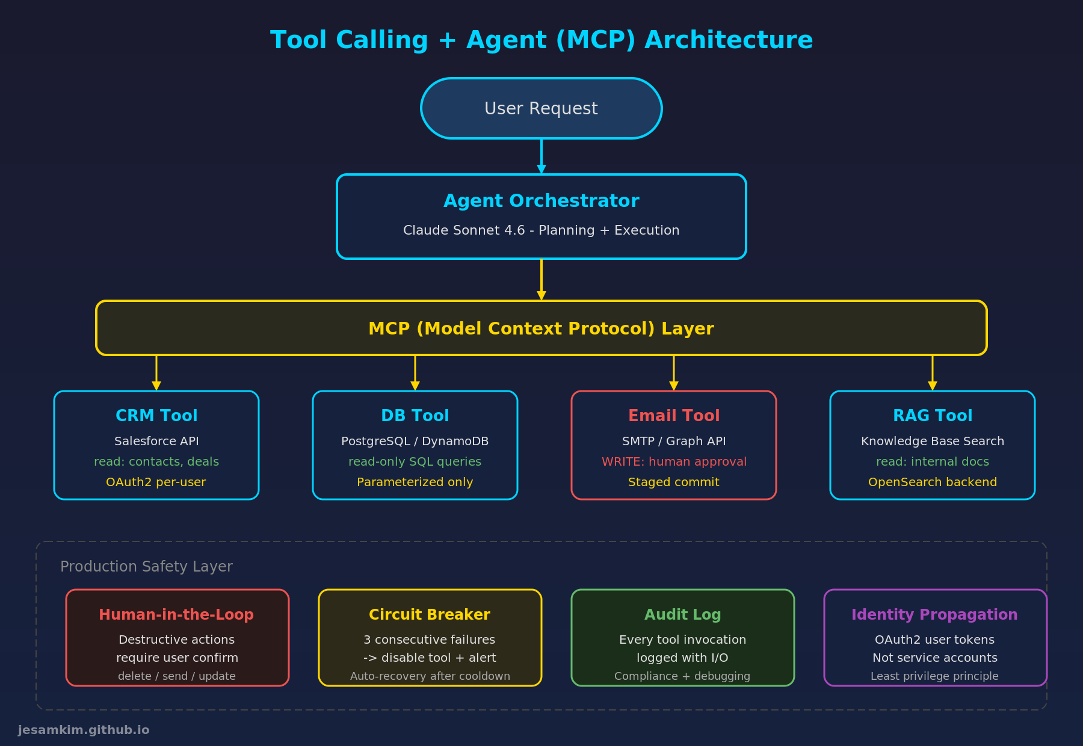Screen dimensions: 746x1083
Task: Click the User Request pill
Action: point(541,108)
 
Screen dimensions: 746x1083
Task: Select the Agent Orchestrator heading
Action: point(541,201)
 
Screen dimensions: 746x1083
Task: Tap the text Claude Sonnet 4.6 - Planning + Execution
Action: point(541,230)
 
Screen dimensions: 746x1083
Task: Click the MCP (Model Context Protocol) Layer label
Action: point(541,328)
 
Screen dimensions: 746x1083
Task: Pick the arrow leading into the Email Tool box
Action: point(674,374)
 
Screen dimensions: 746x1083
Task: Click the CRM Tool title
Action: point(156,416)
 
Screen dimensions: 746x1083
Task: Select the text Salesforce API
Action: point(156,441)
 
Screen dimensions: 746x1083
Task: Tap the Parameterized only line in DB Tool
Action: point(415,482)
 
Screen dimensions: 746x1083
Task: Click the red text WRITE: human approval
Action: point(674,461)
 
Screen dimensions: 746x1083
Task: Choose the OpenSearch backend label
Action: point(932,482)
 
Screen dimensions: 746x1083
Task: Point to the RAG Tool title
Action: point(932,416)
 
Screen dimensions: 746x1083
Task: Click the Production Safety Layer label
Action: point(146,567)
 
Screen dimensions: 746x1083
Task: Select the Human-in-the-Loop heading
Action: point(176,615)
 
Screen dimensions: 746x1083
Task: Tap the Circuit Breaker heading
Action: point(430,615)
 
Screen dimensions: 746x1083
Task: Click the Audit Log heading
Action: point(682,615)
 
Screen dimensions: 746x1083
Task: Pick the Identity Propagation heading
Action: point(934,615)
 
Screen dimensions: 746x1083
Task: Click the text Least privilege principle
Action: point(934,676)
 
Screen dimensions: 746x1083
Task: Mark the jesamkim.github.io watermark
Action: point(84,730)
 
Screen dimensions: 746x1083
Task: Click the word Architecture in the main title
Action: point(729,40)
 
